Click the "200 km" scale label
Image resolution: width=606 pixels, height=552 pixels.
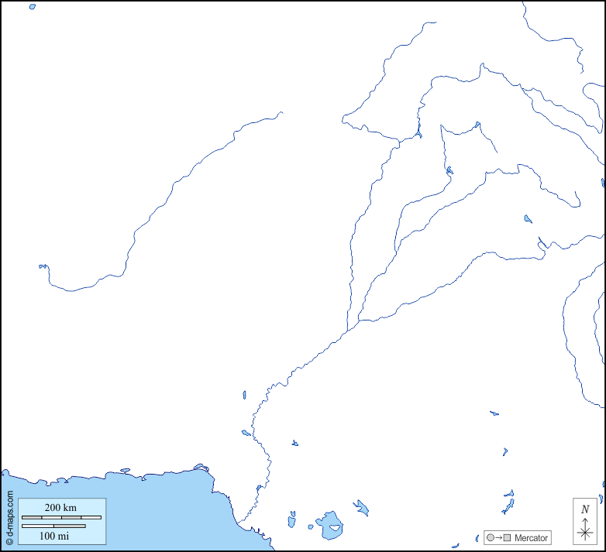(x=60, y=508)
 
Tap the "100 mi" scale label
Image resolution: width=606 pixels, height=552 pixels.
(x=54, y=536)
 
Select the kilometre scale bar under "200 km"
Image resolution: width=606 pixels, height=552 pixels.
(x=61, y=517)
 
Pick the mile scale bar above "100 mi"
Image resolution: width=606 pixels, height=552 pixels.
(x=53, y=526)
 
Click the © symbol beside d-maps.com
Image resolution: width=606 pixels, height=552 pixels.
(x=9, y=541)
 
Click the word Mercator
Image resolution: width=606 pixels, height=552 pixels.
(x=531, y=538)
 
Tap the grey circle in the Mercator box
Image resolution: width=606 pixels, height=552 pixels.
(x=490, y=538)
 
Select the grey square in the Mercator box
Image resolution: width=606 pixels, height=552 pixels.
(x=507, y=538)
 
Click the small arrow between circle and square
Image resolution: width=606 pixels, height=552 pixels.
(x=498, y=538)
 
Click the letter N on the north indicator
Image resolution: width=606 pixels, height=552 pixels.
(x=585, y=509)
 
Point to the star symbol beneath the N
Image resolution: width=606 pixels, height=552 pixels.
(x=585, y=533)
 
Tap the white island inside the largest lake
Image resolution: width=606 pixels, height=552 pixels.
(x=335, y=529)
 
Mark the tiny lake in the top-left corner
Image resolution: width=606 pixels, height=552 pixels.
(x=32, y=6)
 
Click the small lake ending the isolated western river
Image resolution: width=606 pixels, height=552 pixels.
(x=43, y=266)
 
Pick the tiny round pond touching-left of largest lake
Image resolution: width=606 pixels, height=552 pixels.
(x=311, y=527)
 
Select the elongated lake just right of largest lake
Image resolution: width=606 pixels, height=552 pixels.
(x=360, y=508)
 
